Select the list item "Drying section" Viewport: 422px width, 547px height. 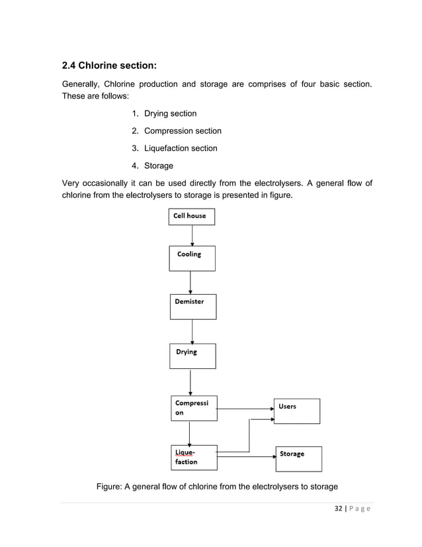tap(170, 114)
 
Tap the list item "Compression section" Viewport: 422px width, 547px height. tap(183, 131)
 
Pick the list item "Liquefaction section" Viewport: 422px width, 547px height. tap(181, 148)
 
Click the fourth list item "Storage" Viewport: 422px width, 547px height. tap(159, 166)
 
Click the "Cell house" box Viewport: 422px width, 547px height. tap(191, 217)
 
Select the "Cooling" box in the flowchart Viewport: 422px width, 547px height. tap(192, 259)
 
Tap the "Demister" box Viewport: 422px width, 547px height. tap(192, 307)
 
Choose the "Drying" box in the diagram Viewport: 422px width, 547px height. tap(192, 356)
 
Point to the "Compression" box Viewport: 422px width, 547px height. tap(194, 408)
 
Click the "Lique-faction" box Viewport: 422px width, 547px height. tap(194, 457)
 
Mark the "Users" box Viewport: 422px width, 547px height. tap(297, 411)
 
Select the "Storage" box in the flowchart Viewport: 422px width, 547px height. tap(298, 458)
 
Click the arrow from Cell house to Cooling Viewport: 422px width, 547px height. tap(192, 236)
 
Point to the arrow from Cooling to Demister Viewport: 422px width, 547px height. tap(191, 283)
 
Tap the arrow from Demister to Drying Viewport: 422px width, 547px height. tap(192, 332)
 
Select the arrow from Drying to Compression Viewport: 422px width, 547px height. tap(190, 382)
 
